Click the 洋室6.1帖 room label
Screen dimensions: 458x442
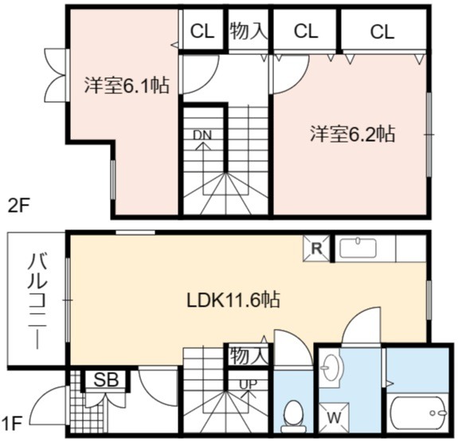tap(127, 85)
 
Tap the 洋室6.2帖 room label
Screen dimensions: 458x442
tap(353, 134)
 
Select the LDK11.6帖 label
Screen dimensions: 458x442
tap(233, 299)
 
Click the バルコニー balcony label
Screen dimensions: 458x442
tap(37, 302)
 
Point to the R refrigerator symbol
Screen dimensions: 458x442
tap(317, 248)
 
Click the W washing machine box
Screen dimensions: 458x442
tap(334, 417)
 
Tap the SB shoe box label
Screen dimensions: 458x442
tap(106, 380)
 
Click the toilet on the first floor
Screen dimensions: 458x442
tap(293, 416)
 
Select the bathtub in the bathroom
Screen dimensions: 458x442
tap(418, 413)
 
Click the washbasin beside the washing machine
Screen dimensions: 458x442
tap(331, 367)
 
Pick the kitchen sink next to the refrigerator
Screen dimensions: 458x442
tap(358, 248)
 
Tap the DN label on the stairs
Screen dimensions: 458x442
tap(202, 135)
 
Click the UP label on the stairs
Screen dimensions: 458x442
tap(248, 384)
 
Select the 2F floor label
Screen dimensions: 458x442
tap(18, 206)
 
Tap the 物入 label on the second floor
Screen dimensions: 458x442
tap(249, 31)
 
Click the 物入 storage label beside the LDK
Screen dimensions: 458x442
tap(249, 355)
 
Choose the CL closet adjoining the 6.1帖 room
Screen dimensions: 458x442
tap(202, 31)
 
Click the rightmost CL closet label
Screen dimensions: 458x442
tap(382, 32)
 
